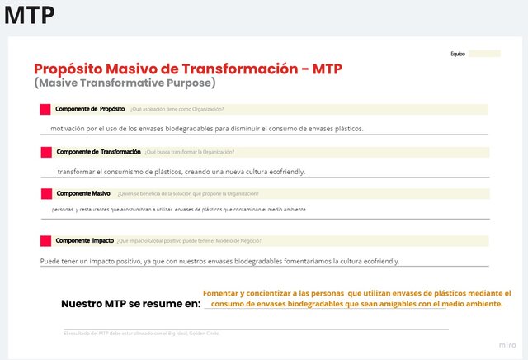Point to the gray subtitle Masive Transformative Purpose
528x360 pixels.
pyautogui.click(x=125, y=83)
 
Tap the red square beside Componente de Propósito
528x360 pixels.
pyautogui.click(x=45, y=109)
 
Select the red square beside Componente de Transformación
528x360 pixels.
pyautogui.click(x=45, y=152)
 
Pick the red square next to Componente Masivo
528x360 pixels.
pyautogui.click(x=45, y=194)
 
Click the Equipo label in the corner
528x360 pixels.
pyautogui.click(x=458, y=54)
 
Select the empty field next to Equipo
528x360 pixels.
pyautogui.click(x=484, y=54)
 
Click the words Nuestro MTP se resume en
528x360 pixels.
pyautogui.click(x=130, y=304)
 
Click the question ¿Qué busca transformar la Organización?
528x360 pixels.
pyautogui.click(x=189, y=152)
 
